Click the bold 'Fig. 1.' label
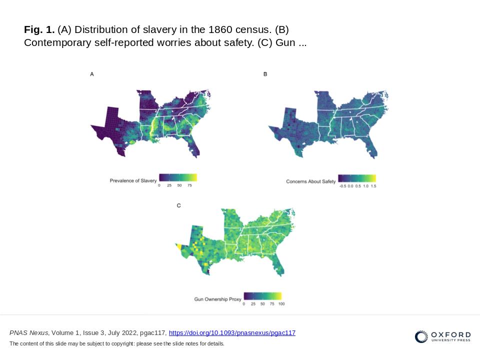point(39,29)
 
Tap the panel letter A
point(92,74)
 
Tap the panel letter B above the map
point(265,74)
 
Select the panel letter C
point(179,205)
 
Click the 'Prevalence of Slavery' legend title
point(133,180)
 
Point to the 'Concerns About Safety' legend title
point(310,181)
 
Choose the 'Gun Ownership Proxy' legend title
point(217,299)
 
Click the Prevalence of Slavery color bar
point(178,177)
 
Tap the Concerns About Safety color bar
point(356,178)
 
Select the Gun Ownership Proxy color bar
point(262,295)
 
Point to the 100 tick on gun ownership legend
point(281,303)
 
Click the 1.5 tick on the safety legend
point(373,186)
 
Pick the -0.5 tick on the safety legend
point(342,186)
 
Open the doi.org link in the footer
point(232,333)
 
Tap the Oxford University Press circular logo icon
point(421,337)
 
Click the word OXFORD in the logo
point(450,334)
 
